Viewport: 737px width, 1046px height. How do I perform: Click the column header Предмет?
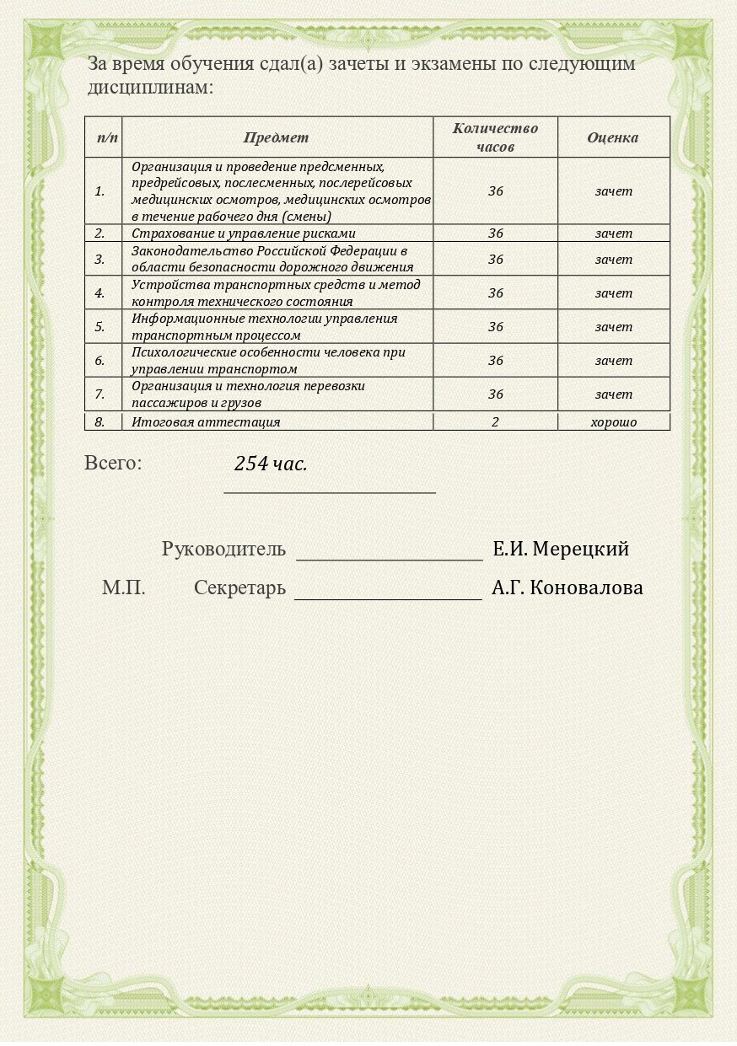coord(276,137)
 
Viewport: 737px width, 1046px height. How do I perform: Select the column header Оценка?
coord(612,137)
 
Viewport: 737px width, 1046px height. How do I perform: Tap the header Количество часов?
coord(495,137)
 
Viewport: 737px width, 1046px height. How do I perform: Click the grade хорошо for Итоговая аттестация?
coord(613,422)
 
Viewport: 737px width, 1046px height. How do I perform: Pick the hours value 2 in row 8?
coord(495,422)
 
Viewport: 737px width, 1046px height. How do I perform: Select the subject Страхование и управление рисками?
coord(244,233)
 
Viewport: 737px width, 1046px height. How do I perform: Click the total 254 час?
coord(271,464)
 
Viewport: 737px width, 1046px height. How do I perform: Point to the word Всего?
coord(113,463)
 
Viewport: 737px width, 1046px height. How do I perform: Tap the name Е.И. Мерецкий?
coord(561,550)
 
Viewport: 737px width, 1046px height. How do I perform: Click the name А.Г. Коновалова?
coord(567,588)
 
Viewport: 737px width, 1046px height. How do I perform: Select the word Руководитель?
coord(223,550)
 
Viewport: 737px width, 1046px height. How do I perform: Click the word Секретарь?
coord(239,588)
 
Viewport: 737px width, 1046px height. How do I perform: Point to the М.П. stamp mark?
coord(124,588)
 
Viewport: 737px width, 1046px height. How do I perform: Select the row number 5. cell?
coord(100,327)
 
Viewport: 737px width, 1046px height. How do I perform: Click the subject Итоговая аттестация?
coord(206,422)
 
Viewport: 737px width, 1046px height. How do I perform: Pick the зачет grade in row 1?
coord(613,191)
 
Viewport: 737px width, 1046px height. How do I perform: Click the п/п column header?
coord(107,137)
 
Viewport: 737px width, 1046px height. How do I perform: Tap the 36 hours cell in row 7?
coord(495,394)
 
